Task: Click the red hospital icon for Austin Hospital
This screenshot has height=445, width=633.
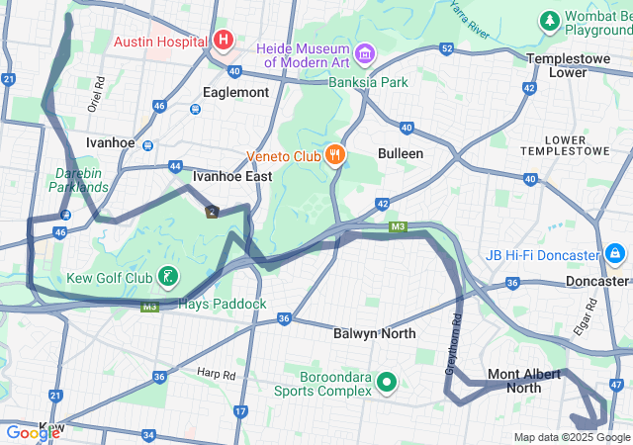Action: [x=224, y=41]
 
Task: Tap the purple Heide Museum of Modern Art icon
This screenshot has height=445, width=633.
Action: [x=364, y=51]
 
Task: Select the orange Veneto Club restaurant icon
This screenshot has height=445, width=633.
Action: [x=336, y=154]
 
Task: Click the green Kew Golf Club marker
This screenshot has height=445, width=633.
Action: [x=169, y=276]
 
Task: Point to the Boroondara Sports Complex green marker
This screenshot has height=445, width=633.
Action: [x=387, y=381]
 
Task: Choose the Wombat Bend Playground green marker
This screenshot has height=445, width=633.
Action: [x=549, y=21]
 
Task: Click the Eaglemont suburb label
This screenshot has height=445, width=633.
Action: [x=235, y=92]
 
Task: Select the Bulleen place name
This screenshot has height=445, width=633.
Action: [x=401, y=153]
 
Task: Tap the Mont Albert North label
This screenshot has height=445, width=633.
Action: [x=524, y=381]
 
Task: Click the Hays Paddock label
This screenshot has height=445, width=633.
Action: [x=224, y=304]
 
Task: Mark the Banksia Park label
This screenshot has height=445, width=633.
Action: [x=369, y=82]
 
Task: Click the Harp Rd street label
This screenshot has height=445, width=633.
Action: [x=216, y=374]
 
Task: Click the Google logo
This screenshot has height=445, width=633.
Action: [x=33, y=432]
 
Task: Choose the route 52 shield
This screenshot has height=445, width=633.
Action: [x=447, y=48]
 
